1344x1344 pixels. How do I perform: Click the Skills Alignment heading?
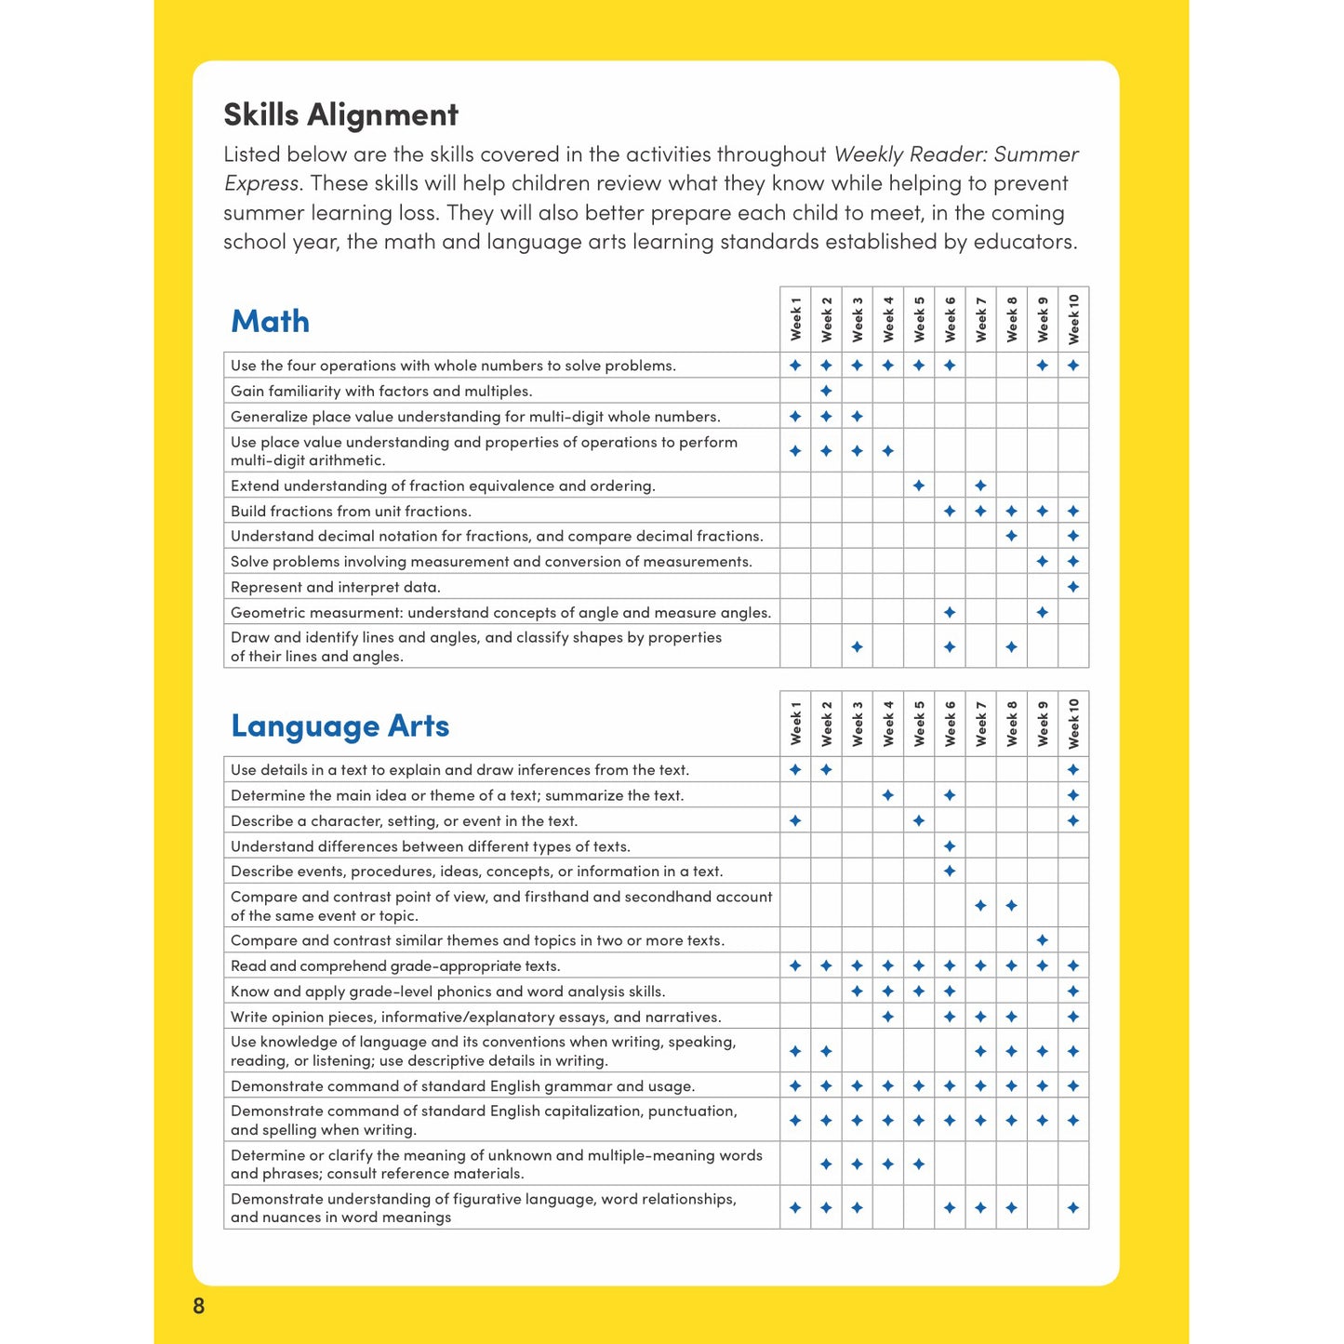pos(340,114)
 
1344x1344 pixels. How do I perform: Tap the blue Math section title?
pos(270,321)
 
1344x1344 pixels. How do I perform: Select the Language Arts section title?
pos(339,725)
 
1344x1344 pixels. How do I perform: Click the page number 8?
pos(198,1306)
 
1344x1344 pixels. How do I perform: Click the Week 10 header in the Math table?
pos(1073,319)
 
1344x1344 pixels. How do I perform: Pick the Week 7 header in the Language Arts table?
pos(980,724)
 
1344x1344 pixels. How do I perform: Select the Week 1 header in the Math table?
pos(795,319)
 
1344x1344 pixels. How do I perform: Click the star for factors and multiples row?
pos(826,391)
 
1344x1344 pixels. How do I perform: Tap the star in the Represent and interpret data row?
pos(1073,587)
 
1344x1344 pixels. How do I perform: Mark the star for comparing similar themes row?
pos(1043,940)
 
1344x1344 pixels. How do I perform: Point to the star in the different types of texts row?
pos(950,846)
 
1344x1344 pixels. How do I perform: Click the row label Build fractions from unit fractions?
pos(351,511)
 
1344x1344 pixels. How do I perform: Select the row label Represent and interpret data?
pos(336,587)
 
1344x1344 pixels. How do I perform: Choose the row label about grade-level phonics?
pos(447,991)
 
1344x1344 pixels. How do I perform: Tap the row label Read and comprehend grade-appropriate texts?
pos(395,966)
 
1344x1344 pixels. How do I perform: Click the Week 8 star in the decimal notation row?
pos(1012,536)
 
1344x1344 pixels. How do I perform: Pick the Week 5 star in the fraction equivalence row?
pos(919,486)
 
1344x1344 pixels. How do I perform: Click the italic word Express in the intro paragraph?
pos(261,183)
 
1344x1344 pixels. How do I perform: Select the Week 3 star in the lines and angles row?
pos(857,646)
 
